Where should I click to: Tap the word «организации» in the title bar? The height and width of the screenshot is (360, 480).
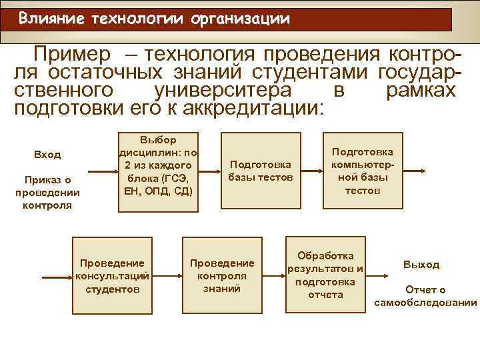click(x=241, y=19)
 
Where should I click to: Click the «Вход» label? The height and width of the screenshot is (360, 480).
click(x=47, y=155)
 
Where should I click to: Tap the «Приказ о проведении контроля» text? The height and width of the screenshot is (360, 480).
click(x=47, y=192)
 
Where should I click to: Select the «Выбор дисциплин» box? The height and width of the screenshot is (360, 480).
click(x=158, y=171)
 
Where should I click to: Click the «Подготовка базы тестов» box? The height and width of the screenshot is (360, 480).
click(x=260, y=171)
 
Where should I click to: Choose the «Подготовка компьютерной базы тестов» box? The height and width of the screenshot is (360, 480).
click(x=362, y=171)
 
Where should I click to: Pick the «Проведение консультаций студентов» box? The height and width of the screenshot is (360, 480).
click(x=112, y=275)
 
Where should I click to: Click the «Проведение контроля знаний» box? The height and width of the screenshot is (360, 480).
click(x=222, y=275)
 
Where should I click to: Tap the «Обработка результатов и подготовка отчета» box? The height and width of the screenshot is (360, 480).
click(x=325, y=275)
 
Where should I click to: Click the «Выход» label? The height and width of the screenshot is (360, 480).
click(x=421, y=265)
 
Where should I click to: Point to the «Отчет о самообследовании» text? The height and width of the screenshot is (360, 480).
click(x=425, y=296)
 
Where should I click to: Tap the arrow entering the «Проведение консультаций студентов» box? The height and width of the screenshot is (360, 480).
click(x=57, y=275)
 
